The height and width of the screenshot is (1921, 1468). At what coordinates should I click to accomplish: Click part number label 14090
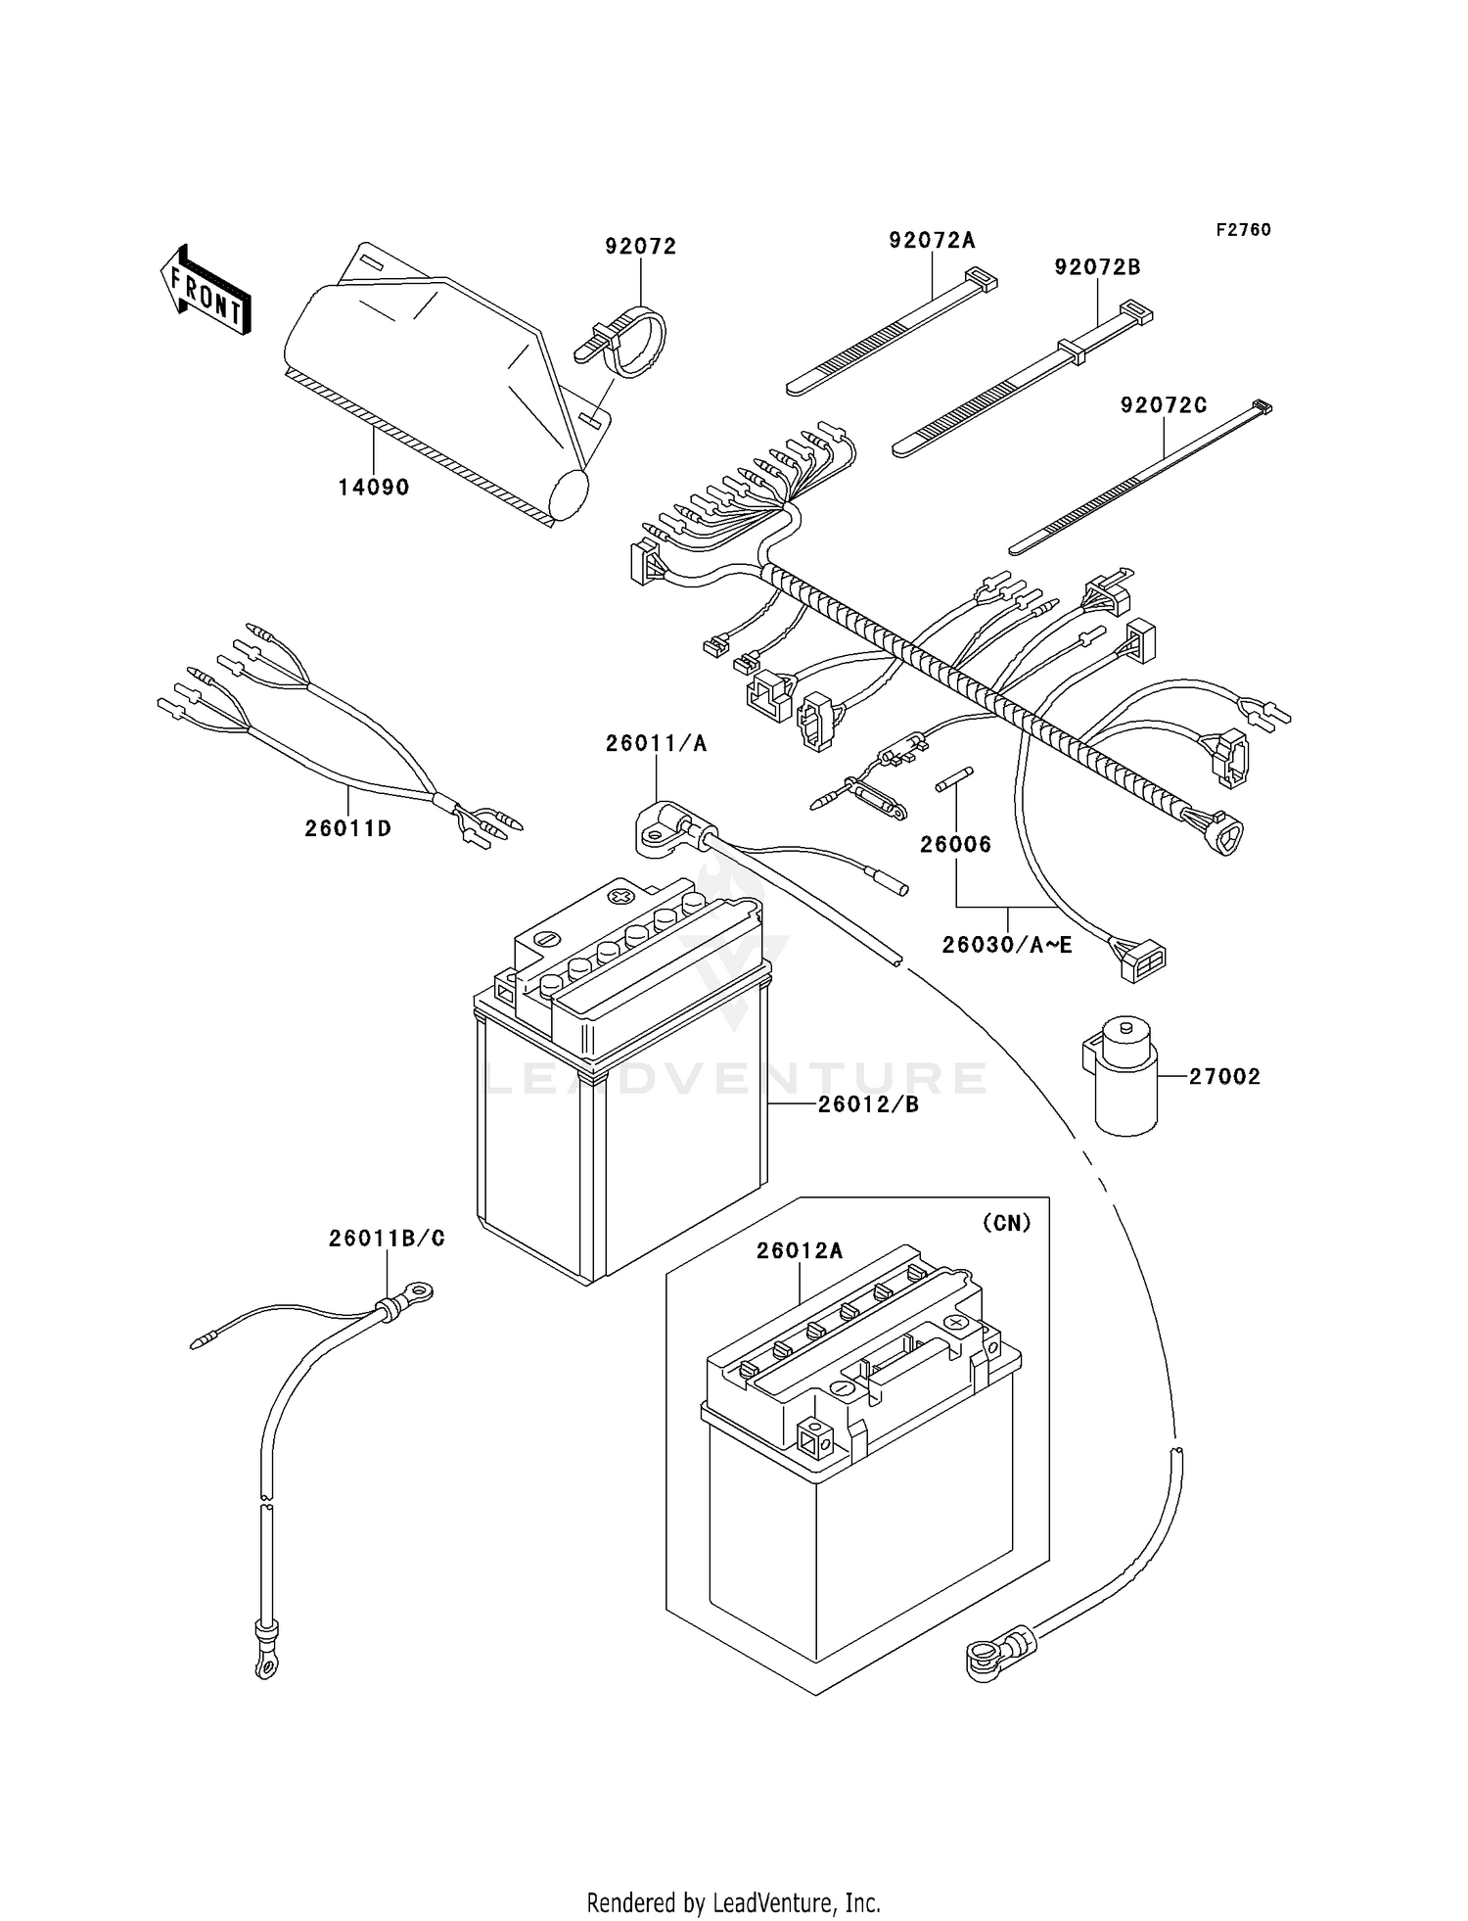[x=373, y=487]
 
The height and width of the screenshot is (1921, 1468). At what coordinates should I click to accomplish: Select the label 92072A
[x=932, y=240]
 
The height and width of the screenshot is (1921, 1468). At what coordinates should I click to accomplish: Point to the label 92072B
[x=1097, y=267]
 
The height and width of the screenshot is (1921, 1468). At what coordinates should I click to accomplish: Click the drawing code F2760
[x=1243, y=229]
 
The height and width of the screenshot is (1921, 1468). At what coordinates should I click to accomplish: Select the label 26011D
[x=347, y=828]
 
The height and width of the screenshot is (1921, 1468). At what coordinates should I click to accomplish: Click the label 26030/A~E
[x=1006, y=945]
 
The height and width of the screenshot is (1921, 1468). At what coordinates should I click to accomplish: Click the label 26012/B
[x=868, y=1104]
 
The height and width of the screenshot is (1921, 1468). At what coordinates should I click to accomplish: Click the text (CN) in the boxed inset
[x=1005, y=1223]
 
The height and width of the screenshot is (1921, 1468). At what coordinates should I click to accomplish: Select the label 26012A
[x=799, y=1250]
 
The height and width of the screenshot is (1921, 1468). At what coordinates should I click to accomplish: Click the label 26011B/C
[x=386, y=1239]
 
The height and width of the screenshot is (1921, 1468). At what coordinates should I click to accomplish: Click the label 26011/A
[x=655, y=743]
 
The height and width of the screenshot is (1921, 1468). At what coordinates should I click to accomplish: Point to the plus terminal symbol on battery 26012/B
[x=619, y=896]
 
